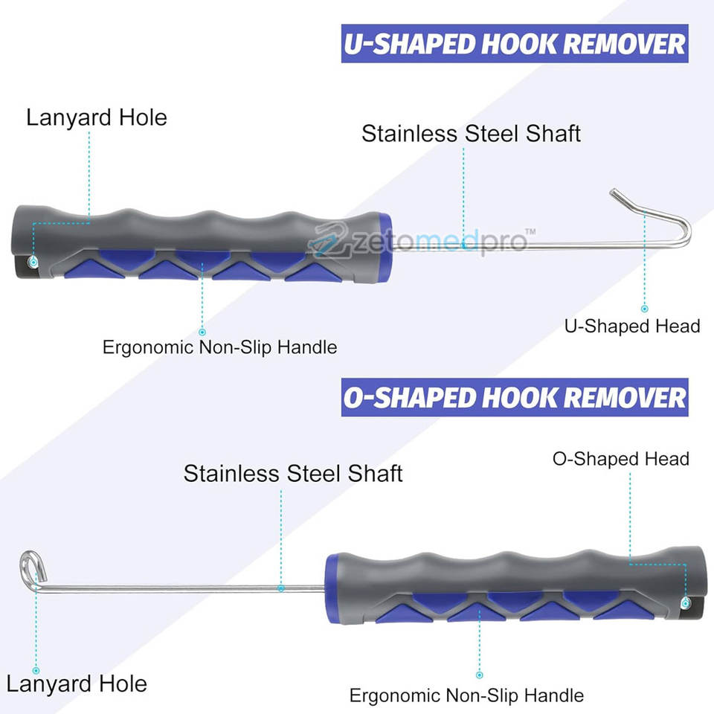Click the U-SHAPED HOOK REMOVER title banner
(x=514, y=44)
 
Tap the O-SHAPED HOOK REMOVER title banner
(x=514, y=397)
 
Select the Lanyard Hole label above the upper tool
(x=97, y=118)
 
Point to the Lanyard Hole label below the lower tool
(x=77, y=684)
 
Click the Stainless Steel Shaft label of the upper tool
(x=471, y=134)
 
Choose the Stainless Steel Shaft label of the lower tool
(x=293, y=473)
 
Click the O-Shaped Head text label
(x=621, y=458)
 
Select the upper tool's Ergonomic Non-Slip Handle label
(x=219, y=347)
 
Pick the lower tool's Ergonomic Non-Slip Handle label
(x=466, y=696)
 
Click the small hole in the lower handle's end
(x=685, y=602)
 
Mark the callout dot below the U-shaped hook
(x=644, y=308)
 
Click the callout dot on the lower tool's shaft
(x=281, y=588)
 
